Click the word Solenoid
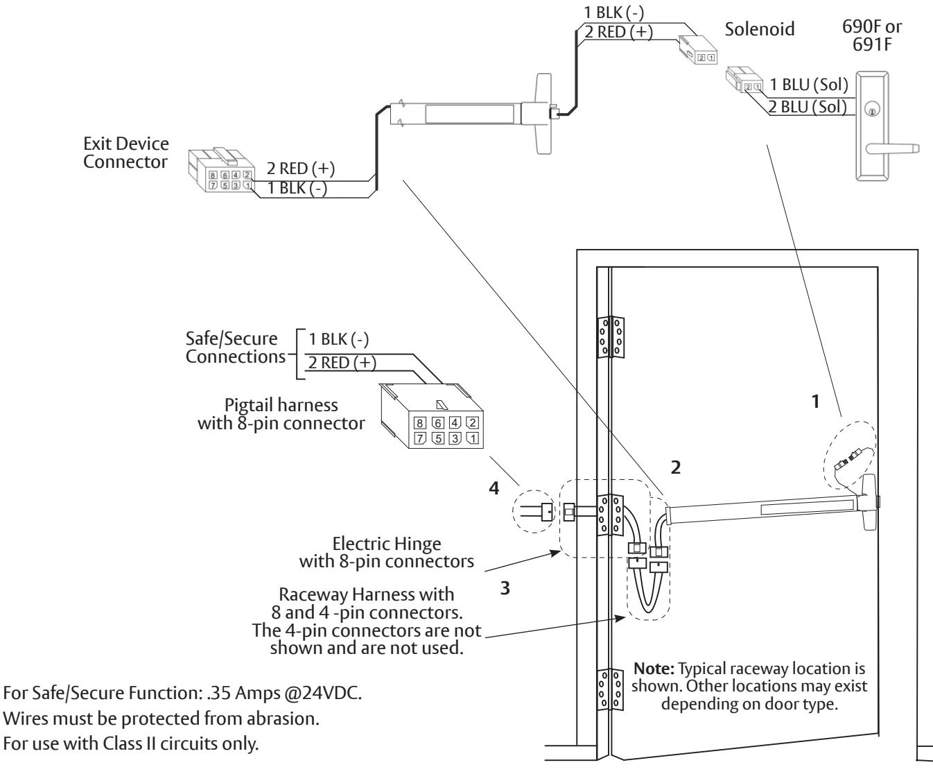759,30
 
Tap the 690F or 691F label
872,35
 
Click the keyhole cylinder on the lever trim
872,109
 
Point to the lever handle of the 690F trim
892,148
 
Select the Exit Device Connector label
126,153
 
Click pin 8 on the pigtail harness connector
419,423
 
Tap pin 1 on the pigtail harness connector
473,438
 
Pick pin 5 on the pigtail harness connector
438,438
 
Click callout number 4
494,488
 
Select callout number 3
505,588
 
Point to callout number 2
676,467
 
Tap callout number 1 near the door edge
815,401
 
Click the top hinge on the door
611,338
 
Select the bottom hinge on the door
611,689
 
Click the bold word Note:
654,669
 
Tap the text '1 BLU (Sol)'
809,85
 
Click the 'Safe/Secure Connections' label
236,347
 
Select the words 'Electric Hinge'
387,544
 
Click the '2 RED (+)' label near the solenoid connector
618,32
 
